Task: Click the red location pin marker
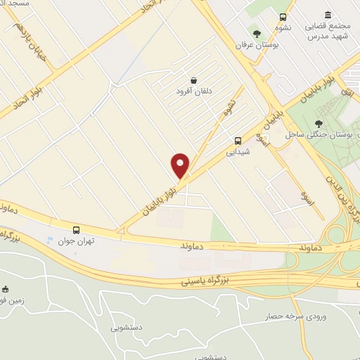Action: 181,166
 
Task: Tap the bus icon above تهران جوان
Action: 76,229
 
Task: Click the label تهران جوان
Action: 76,240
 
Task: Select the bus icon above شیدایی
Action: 238,139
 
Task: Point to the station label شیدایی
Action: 238,150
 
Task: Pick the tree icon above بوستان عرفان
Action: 257,33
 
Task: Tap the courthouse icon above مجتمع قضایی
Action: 328,15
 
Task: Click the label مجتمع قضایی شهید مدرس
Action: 328,31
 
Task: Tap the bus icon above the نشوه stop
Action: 283,18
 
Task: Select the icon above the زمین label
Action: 5,289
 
